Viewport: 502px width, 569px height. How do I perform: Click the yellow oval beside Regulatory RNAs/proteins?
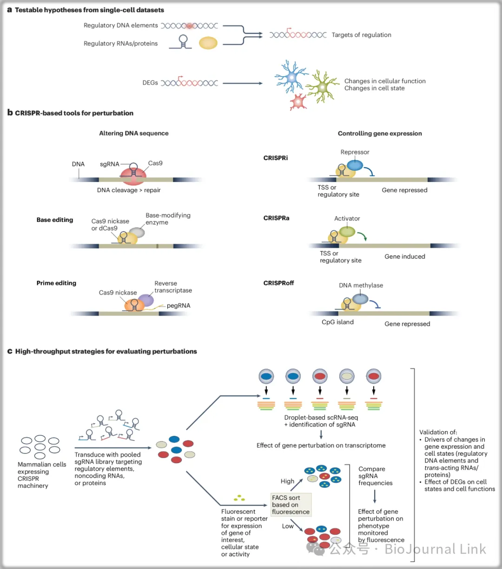tap(208, 43)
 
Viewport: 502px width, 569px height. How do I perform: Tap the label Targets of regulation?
tap(361, 35)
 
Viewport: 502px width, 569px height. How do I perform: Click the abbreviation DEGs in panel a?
tap(150, 83)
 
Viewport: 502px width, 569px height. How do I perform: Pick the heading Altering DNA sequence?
tap(134, 133)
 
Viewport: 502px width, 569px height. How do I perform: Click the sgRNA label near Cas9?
tap(109, 164)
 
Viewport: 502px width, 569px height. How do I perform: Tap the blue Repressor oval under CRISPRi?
tap(355, 165)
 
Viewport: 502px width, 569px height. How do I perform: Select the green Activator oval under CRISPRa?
tap(347, 231)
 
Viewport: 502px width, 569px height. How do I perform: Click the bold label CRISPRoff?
tap(278, 283)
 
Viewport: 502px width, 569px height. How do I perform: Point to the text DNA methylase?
tap(361, 285)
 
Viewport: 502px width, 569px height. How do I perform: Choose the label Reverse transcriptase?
tap(173, 287)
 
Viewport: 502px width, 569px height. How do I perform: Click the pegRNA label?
tap(178, 306)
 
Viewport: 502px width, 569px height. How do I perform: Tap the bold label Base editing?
tap(55, 220)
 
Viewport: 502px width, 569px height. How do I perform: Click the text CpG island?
tap(337, 322)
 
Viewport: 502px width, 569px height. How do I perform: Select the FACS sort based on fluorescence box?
tap(291, 504)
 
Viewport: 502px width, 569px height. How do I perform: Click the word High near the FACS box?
tap(287, 481)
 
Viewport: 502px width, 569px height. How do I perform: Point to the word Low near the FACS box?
tap(288, 526)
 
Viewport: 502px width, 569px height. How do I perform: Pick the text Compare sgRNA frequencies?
tap(375, 476)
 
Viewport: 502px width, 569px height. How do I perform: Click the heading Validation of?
tap(438, 432)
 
